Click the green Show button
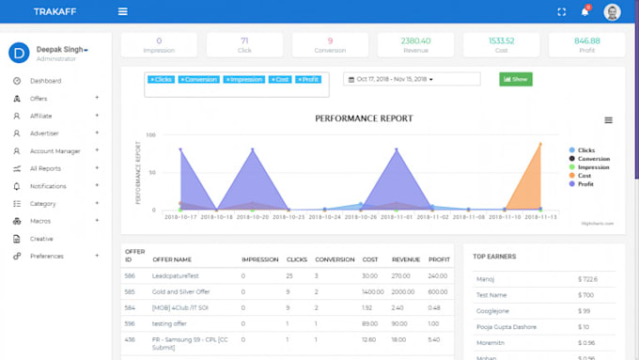(516, 79)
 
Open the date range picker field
(395, 79)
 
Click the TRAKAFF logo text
(54, 12)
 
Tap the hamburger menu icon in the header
(122, 12)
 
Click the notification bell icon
(584, 12)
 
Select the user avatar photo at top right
(612, 12)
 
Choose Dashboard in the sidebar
(45, 81)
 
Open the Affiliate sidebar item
(40, 116)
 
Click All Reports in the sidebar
(45, 168)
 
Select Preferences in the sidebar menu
(47, 256)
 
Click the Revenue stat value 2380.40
(414, 40)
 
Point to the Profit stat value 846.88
(586, 40)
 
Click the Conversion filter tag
(198, 80)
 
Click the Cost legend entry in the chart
(584, 175)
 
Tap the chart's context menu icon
(608, 120)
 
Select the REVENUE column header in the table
(405, 259)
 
